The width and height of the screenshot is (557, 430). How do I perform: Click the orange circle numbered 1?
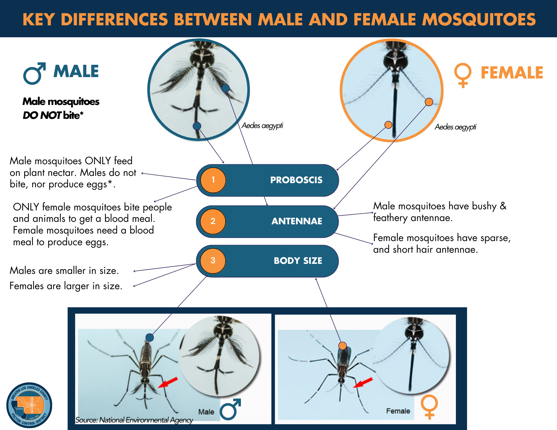point(213,180)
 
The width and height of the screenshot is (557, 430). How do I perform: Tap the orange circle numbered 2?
point(213,221)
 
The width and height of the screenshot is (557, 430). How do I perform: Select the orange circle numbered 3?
point(213,261)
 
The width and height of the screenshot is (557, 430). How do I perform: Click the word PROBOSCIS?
point(296,180)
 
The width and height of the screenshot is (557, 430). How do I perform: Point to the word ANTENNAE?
point(297,221)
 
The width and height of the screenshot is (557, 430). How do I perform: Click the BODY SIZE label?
point(298,261)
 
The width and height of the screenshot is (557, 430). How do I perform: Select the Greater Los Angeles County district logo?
point(29,405)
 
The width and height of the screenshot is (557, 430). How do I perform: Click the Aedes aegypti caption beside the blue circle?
point(262,126)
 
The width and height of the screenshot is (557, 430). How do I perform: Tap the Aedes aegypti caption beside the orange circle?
point(455,127)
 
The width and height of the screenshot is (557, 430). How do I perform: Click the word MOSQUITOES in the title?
point(479,19)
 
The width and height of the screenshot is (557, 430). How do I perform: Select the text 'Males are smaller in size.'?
point(64,271)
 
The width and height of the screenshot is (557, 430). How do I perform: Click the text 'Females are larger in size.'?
point(66,286)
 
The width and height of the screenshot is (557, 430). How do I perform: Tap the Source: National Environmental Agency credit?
point(134,420)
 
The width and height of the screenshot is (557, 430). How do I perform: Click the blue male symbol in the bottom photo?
point(230,409)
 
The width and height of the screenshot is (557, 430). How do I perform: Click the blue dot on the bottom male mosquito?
point(150,337)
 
